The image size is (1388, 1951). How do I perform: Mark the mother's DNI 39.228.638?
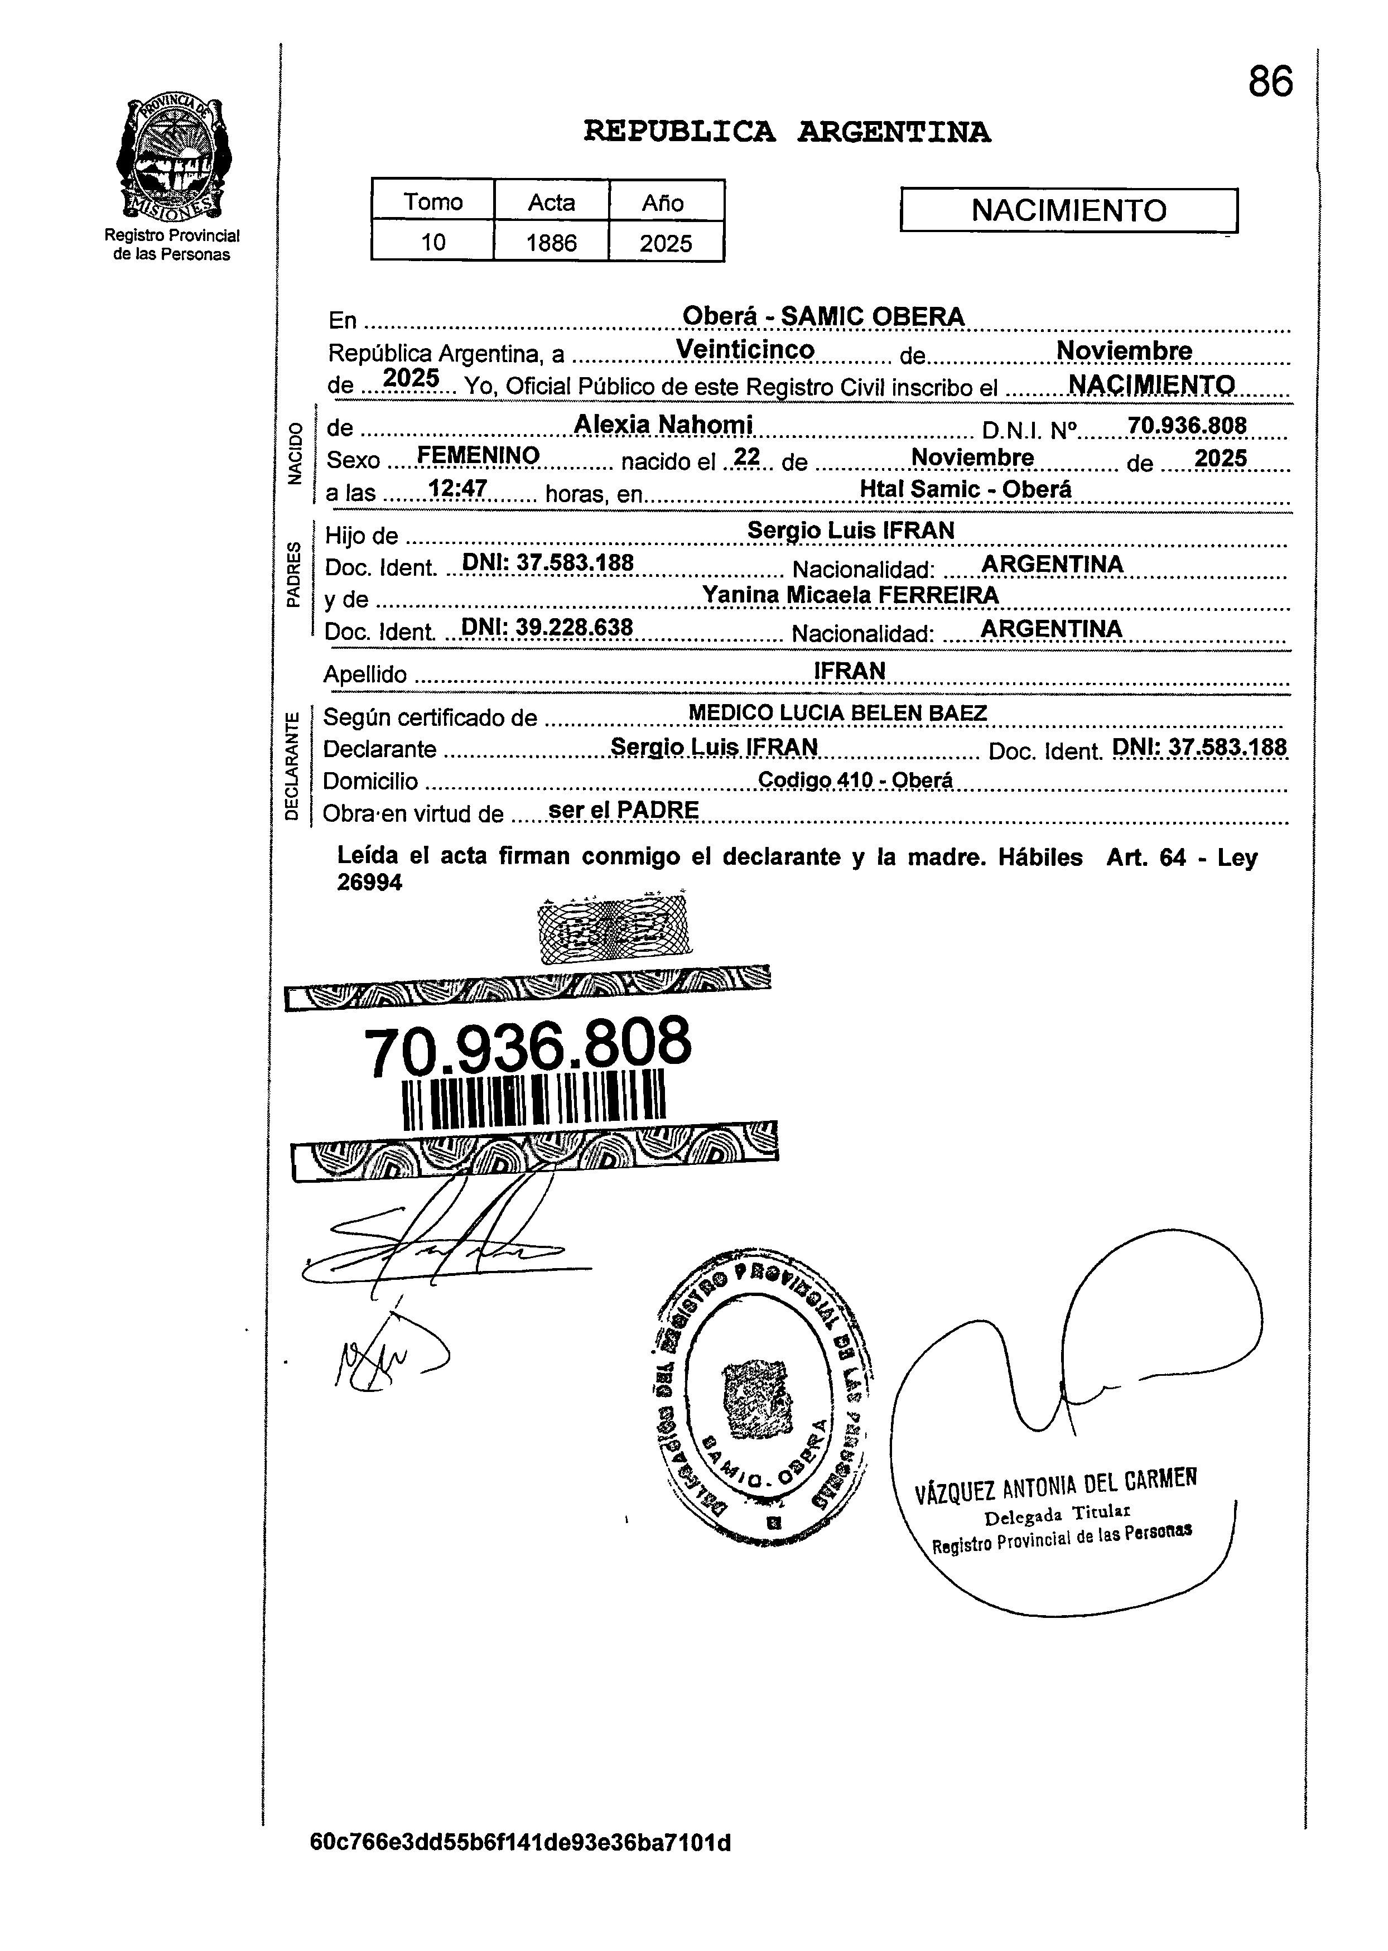[547, 628]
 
